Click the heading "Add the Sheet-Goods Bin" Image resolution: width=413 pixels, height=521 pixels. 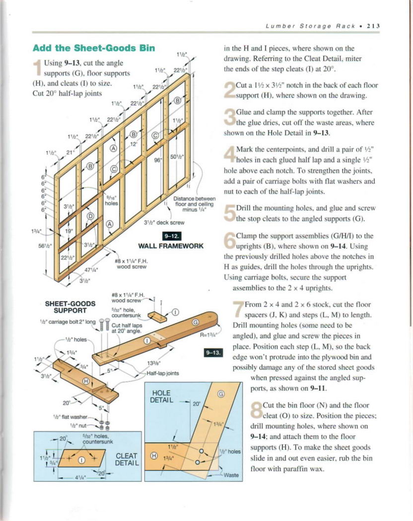pyautogui.click(x=94, y=48)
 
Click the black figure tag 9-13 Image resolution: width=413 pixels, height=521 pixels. pyautogui.click(x=214, y=353)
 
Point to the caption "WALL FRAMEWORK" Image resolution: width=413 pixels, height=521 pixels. pyautogui.click(x=171, y=246)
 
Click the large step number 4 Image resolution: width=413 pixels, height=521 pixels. pyautogui.click(x=229, y=154)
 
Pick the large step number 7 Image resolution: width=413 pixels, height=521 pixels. pyautogui.click(x=238, y=309)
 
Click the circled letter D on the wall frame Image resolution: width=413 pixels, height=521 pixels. pyautogui.click(x=90, y=216)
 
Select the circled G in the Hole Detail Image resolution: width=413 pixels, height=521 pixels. pyautogui.click(x=221, y=394)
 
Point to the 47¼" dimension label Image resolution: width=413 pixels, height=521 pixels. pyautogui.click(x=90, y=270)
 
